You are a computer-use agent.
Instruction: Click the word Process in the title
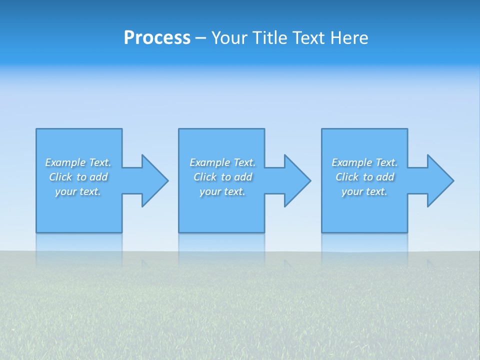(x=157, y=38)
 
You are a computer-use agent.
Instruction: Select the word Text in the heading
(x=308, y=38)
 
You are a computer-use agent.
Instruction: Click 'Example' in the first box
(x=65, y=162)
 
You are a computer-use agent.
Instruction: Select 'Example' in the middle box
(x=210, y=162)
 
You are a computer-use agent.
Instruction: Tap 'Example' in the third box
(x=352, y=162)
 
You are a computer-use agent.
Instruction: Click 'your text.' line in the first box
(x=78, y=191)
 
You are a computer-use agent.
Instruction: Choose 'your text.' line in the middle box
(x=222, y=191)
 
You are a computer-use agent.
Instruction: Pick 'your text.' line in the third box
(x=364, y=191)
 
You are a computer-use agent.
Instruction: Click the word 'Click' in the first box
(x=60, y=177)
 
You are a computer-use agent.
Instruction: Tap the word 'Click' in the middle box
(x=204, y=177)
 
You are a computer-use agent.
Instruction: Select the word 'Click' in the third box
(x=347, y=177)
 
